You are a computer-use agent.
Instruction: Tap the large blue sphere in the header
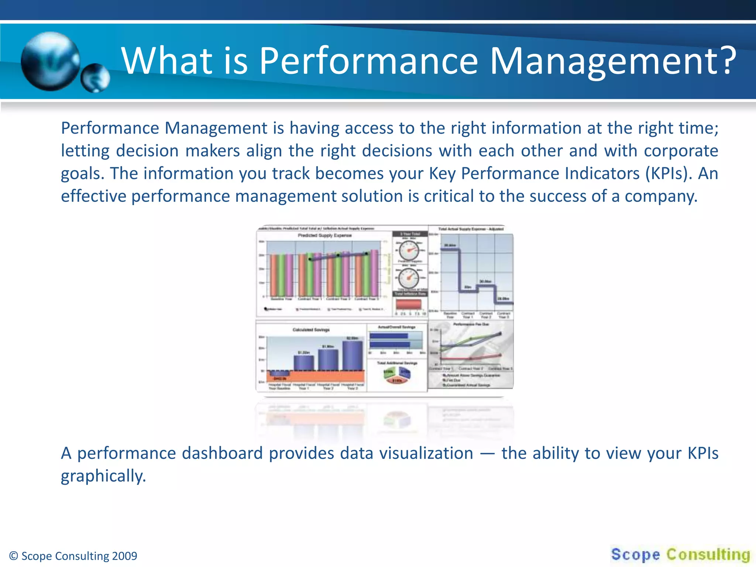[x=50, y=61]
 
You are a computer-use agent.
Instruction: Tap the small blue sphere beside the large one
[x=95, y=78]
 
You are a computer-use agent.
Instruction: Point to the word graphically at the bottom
[x=103, y=476]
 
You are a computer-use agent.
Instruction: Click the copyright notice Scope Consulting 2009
[x=73, y=556]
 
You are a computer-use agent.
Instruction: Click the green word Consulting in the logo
[x=708, y=554]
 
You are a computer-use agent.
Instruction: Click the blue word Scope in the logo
[x=635, y=554]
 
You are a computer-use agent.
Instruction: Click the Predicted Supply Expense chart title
[x=325, y=235]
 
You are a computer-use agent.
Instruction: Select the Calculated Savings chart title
[x=311, y=330]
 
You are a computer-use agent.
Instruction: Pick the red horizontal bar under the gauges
[x=409, y=304]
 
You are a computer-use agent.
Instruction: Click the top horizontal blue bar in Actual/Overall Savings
[x=389, y=336]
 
